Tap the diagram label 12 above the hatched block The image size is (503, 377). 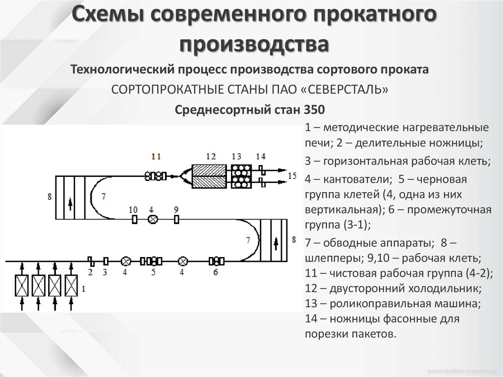pos(211,156)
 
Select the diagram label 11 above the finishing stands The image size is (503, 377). pos(156,156)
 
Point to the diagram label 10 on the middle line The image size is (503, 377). pos(133,209)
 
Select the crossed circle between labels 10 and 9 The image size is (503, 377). pos(152,220)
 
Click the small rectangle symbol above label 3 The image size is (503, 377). pos(105,261)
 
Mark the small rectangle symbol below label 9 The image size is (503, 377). pos(176,220)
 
